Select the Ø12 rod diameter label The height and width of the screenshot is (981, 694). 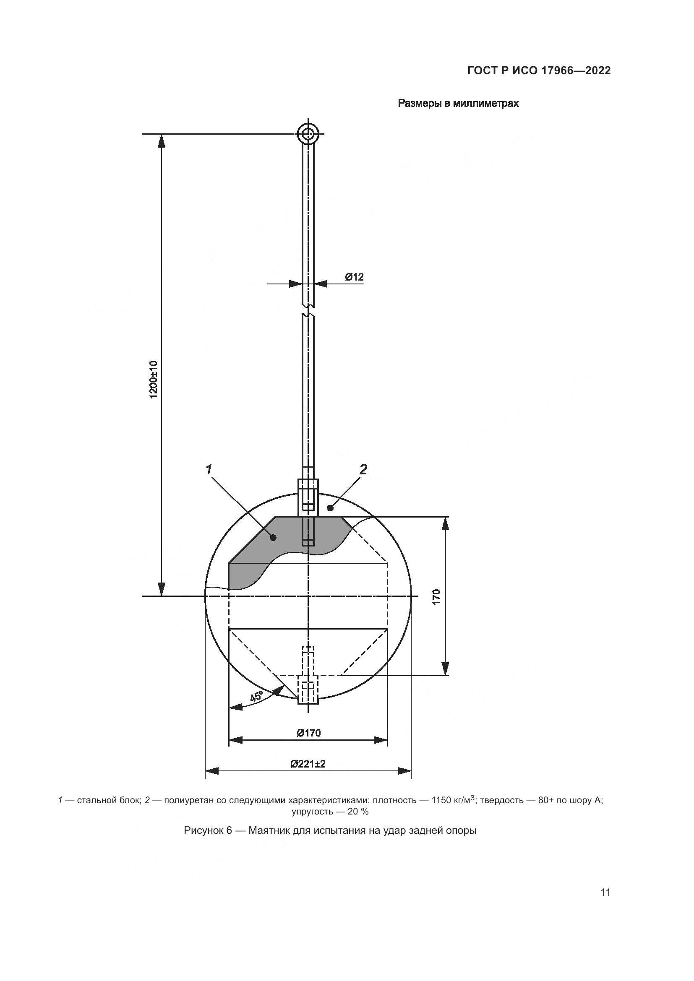click(354, 277)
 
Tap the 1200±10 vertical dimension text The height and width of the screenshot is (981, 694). click(154, 380)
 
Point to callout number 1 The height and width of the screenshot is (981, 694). click(209, 470)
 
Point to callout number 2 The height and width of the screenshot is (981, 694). click(363, 470)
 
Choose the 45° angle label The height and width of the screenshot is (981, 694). click(257, 697)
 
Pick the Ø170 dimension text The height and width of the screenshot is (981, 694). click(308, 733)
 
